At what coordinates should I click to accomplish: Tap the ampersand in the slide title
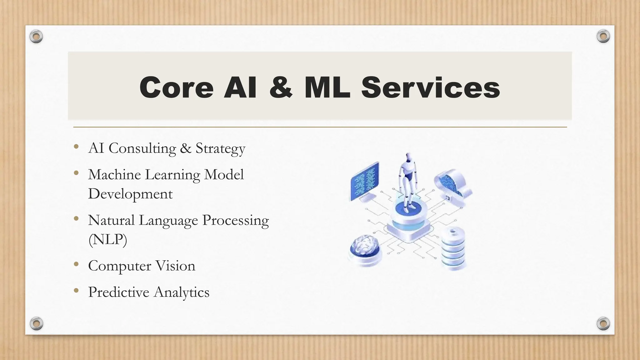pos(281,88)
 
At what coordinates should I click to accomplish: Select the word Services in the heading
pos(431,88)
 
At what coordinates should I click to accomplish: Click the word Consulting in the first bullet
pos(142,148)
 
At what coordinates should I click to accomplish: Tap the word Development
pos(130,194)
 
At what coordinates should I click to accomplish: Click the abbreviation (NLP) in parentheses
pos(108,240)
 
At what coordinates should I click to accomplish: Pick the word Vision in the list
pos(175,266)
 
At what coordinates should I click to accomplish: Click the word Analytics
pos(182,292)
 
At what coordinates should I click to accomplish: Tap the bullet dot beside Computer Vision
pos(76,265)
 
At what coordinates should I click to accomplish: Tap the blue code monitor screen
pos(364,181)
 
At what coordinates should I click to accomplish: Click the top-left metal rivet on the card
pos(36,37)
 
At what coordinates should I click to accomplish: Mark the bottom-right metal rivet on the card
pos(603,323)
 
